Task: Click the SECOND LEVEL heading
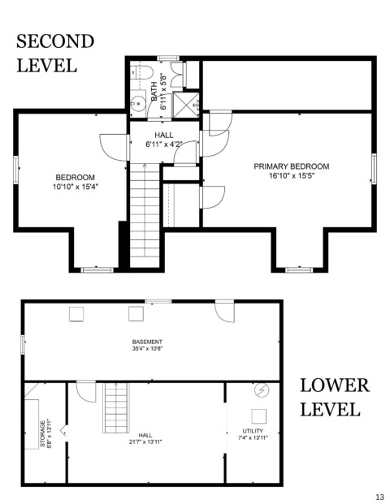[x=55, y=54]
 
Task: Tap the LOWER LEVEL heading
[x=335, y=398]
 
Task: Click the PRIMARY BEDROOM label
[x=292, y=166]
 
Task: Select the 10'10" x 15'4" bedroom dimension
[x=76, y=187]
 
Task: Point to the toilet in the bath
[x=142, y=73]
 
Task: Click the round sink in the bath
[x=138, y=104]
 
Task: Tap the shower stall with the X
[x=186, y=105]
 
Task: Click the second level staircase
[x=145, y=215]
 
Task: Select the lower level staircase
[x=116, y=408]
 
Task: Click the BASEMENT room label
[x=147, y=342]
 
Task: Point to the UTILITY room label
[x=253, y=431]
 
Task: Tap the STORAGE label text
[x=42, y=434]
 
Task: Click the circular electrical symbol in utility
[x=262, y=390]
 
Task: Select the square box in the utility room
[x=258, y=416]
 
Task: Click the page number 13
[x=379, y=497]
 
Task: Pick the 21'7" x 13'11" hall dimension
[x=145, y=442]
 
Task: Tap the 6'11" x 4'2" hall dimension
[x=164, y=144]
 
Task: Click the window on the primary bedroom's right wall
[x=374, y=169]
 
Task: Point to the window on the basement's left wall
[x=23, y=345]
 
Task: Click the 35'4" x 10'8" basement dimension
[x=147, y=348]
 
